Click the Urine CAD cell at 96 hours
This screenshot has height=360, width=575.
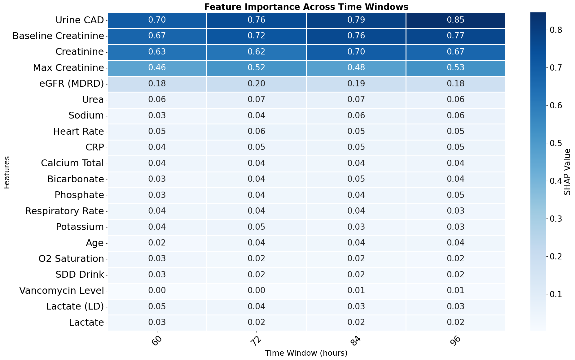point(455,20)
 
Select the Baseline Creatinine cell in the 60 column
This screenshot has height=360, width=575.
point(157,36)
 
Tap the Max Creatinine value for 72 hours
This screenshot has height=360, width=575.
point(256,68)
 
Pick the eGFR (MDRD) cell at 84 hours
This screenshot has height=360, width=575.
point(356,84)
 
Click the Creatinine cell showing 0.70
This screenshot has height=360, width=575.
point(356,52)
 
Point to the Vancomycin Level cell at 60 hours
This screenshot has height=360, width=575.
point(157,290)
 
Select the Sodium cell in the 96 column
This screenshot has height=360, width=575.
point(455,115)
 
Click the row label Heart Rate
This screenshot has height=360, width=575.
point(78,132)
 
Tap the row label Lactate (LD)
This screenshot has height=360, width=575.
point(75,306)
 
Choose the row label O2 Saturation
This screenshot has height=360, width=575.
point(71,259)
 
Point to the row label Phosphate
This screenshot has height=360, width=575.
point(79,195)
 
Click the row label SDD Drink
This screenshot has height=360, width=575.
point(80,275)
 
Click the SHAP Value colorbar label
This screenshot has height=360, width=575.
point(567,172)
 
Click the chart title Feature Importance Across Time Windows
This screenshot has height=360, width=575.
point(306,7)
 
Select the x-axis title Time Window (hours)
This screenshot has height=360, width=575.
point(306,353)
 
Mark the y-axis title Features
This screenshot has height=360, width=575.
point(7,172)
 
